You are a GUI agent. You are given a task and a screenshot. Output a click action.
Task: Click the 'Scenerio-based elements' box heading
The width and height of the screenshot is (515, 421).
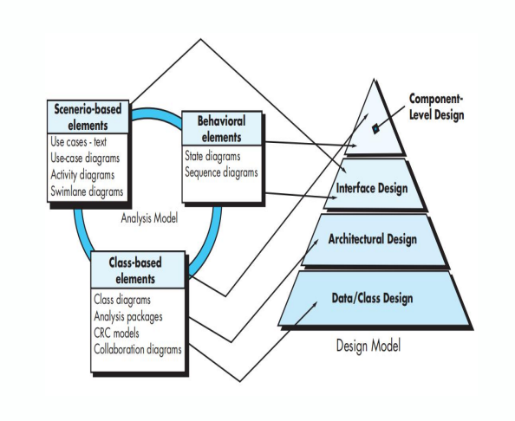click(x=88, y=117)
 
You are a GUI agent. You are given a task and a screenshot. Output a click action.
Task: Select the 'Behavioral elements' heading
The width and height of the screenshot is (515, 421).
click(x=221, y=129)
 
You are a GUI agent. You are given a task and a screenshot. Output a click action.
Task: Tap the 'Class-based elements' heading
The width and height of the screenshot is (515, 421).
click(x=135, y=271)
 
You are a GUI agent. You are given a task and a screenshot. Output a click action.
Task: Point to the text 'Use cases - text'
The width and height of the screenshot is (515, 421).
click(x=79, y=142)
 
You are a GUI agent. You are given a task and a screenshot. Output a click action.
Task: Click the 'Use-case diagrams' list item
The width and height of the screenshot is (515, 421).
click(x=85, y=159)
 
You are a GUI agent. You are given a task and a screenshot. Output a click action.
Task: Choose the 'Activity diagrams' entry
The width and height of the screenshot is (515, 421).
click(x=82, y=175)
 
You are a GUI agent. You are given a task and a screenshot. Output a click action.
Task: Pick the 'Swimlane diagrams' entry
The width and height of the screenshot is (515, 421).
click(x=87, y=191)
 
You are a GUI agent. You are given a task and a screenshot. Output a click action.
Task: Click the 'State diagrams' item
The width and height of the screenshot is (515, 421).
click(x=212, y=156)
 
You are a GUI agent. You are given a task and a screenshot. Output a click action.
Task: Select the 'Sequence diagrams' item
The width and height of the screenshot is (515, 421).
click(x=221, y=172)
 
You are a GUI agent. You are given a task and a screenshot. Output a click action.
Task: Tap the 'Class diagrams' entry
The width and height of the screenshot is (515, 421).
click(x=122, y=300)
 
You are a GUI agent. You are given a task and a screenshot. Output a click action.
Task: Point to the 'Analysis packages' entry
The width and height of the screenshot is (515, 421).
click(x=128, y=317)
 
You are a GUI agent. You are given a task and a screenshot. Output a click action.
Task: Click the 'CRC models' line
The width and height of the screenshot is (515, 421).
click(x=116, y=333)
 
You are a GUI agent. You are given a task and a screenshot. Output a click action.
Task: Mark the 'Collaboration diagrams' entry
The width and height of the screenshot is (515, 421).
click(x=138, y=349)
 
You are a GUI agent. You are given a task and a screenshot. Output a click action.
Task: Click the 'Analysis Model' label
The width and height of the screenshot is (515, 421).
click(x=149, y=218)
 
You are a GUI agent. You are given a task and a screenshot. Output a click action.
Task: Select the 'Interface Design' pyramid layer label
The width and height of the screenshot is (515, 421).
click(x=372, y=189)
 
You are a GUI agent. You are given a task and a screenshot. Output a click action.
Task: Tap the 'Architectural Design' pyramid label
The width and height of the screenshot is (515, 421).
click(x=373, y=239)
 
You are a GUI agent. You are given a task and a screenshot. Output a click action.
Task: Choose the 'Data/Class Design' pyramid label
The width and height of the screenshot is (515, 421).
click(x=372, y=298)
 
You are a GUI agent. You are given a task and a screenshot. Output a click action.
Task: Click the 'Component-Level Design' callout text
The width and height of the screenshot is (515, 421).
click(x=436, y=107)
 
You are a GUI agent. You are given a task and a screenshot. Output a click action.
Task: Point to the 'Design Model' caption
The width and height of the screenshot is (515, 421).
click(x=368, y=346)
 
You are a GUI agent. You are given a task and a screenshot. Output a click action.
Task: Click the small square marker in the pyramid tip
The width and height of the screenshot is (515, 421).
click(x=375, y=129)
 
